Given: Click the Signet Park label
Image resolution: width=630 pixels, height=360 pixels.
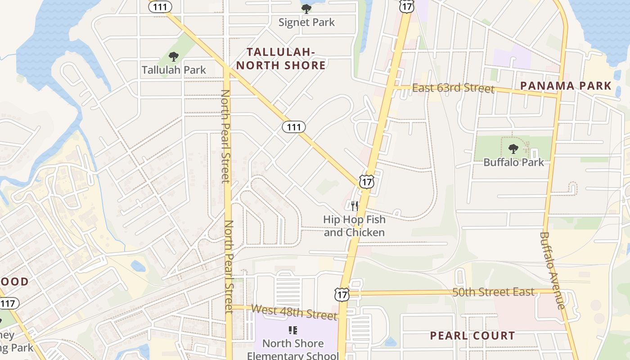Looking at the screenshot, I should pos(306,22).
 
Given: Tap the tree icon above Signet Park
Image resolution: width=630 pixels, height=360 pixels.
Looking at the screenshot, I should pos(306,9).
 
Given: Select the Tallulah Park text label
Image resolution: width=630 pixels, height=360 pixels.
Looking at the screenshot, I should pos(174,70).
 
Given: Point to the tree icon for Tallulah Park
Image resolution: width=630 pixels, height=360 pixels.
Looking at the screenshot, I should pos(174,57).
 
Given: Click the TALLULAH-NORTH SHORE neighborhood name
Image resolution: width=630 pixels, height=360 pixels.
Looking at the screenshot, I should pos(281,58).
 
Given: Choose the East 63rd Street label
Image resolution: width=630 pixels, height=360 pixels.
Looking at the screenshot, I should pos(453,88).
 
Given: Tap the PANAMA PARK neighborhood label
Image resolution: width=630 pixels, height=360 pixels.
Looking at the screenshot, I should pos(566,86).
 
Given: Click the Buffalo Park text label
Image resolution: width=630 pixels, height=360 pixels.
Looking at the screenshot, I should pos(513,162).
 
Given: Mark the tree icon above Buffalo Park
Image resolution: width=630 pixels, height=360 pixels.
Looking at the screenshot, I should pos(513,149).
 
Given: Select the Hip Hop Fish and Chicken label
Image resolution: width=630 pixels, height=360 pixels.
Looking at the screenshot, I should pos(354,226).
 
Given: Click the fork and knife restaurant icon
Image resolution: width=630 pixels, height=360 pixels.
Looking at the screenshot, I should pos(355,206).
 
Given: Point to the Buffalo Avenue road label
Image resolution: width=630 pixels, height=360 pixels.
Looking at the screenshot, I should pos(552,270).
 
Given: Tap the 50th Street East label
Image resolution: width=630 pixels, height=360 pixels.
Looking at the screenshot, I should pos(494,292).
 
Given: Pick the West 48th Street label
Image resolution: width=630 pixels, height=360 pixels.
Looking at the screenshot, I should pos(294,311).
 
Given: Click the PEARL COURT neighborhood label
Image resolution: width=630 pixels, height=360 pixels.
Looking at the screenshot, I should pos(472,336).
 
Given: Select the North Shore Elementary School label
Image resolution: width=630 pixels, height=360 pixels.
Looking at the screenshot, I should pos(293,349).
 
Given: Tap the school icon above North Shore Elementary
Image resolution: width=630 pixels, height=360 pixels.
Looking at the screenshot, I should pos(293,331).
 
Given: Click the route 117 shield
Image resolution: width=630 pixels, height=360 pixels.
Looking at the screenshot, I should pos(7,303).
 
